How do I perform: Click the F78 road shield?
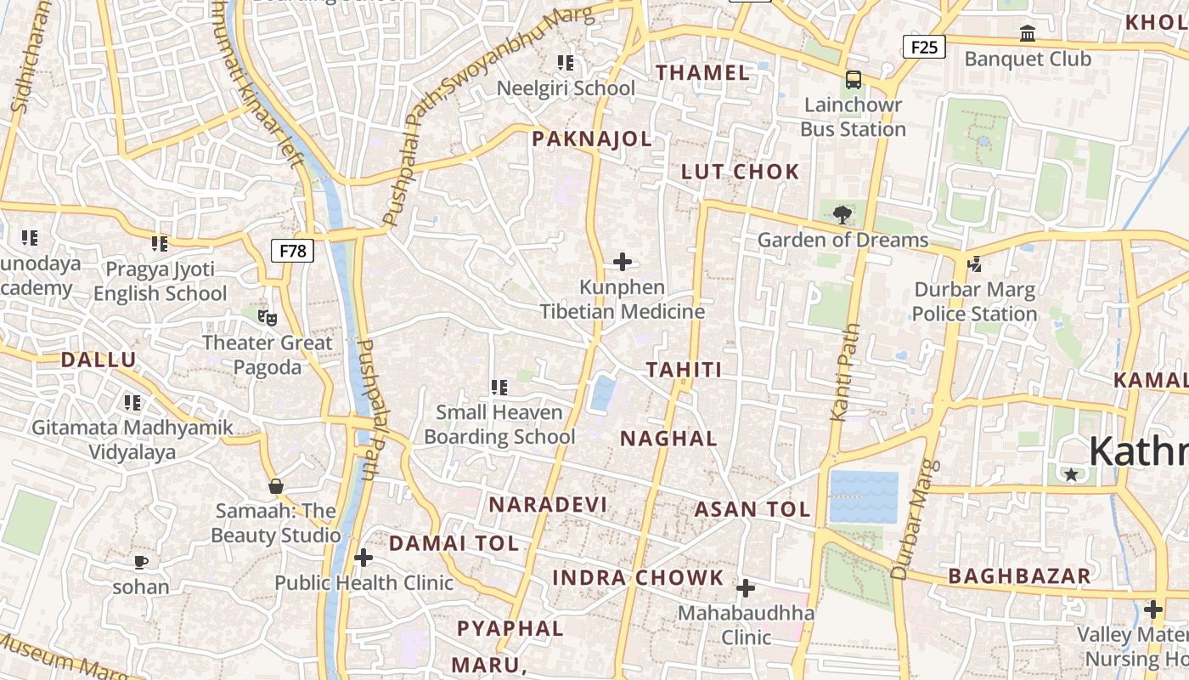(x=293, y=251)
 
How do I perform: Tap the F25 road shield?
(x=923, y=47)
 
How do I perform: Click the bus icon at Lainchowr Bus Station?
(x=854, y=81)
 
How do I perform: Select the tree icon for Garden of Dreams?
(x=842, y=214)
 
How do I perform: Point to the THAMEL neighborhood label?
(x=702, y=73)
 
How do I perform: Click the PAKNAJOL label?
(x=592, y=139)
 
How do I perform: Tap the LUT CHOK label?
(x=741, y=172)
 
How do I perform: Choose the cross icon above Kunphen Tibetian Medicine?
(x=623, y=262)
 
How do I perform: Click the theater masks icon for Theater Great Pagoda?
(x=268, y=318)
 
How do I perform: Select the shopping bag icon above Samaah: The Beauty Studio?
(x=275, y=486)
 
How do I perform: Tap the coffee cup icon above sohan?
(x=141, y=562)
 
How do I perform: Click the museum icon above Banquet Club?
(x=1028, y=34)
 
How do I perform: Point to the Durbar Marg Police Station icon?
(x=974, y=264)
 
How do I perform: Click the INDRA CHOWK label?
(x=638, y=578)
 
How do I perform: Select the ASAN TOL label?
(x=752, y=510)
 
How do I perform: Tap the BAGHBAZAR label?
(x=1019, y=576)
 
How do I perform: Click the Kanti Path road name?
(x=846, y=371)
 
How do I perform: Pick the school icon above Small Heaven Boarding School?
(x=499, y=388)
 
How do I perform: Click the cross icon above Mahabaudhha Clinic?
(x=746, y=588)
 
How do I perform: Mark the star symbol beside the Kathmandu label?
(x=1071, y=474)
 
